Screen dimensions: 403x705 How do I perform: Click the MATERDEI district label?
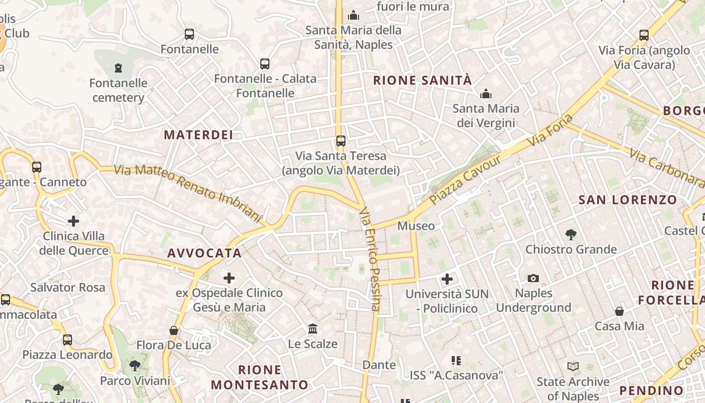[198, 135]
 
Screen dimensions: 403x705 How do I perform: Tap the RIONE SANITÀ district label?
[422, 80]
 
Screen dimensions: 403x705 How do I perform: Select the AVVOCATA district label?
[204, 253]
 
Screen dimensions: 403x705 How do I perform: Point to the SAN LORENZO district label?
[627, 200]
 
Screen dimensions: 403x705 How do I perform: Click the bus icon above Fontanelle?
[189, 34]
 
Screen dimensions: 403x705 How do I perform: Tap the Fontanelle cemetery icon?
[118, 68]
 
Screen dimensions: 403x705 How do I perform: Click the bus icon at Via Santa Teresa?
[341, 141]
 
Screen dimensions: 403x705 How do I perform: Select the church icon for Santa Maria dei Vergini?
[486, 94]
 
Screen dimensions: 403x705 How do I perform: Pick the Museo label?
[416, 226]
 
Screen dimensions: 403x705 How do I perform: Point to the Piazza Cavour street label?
[466, 179]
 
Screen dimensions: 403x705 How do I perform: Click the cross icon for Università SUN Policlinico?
[447, 279]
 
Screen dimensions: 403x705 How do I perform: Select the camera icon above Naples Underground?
[533, 278]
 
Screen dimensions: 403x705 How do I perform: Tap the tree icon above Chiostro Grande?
[571, 234]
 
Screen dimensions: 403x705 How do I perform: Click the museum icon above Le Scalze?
[313, 329]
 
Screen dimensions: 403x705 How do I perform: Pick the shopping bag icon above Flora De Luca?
[174, 330]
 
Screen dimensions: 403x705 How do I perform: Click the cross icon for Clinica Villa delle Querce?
[74, 221]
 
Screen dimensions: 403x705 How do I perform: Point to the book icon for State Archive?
[573, 366]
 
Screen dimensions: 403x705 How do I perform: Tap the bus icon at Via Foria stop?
[644, 35]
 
